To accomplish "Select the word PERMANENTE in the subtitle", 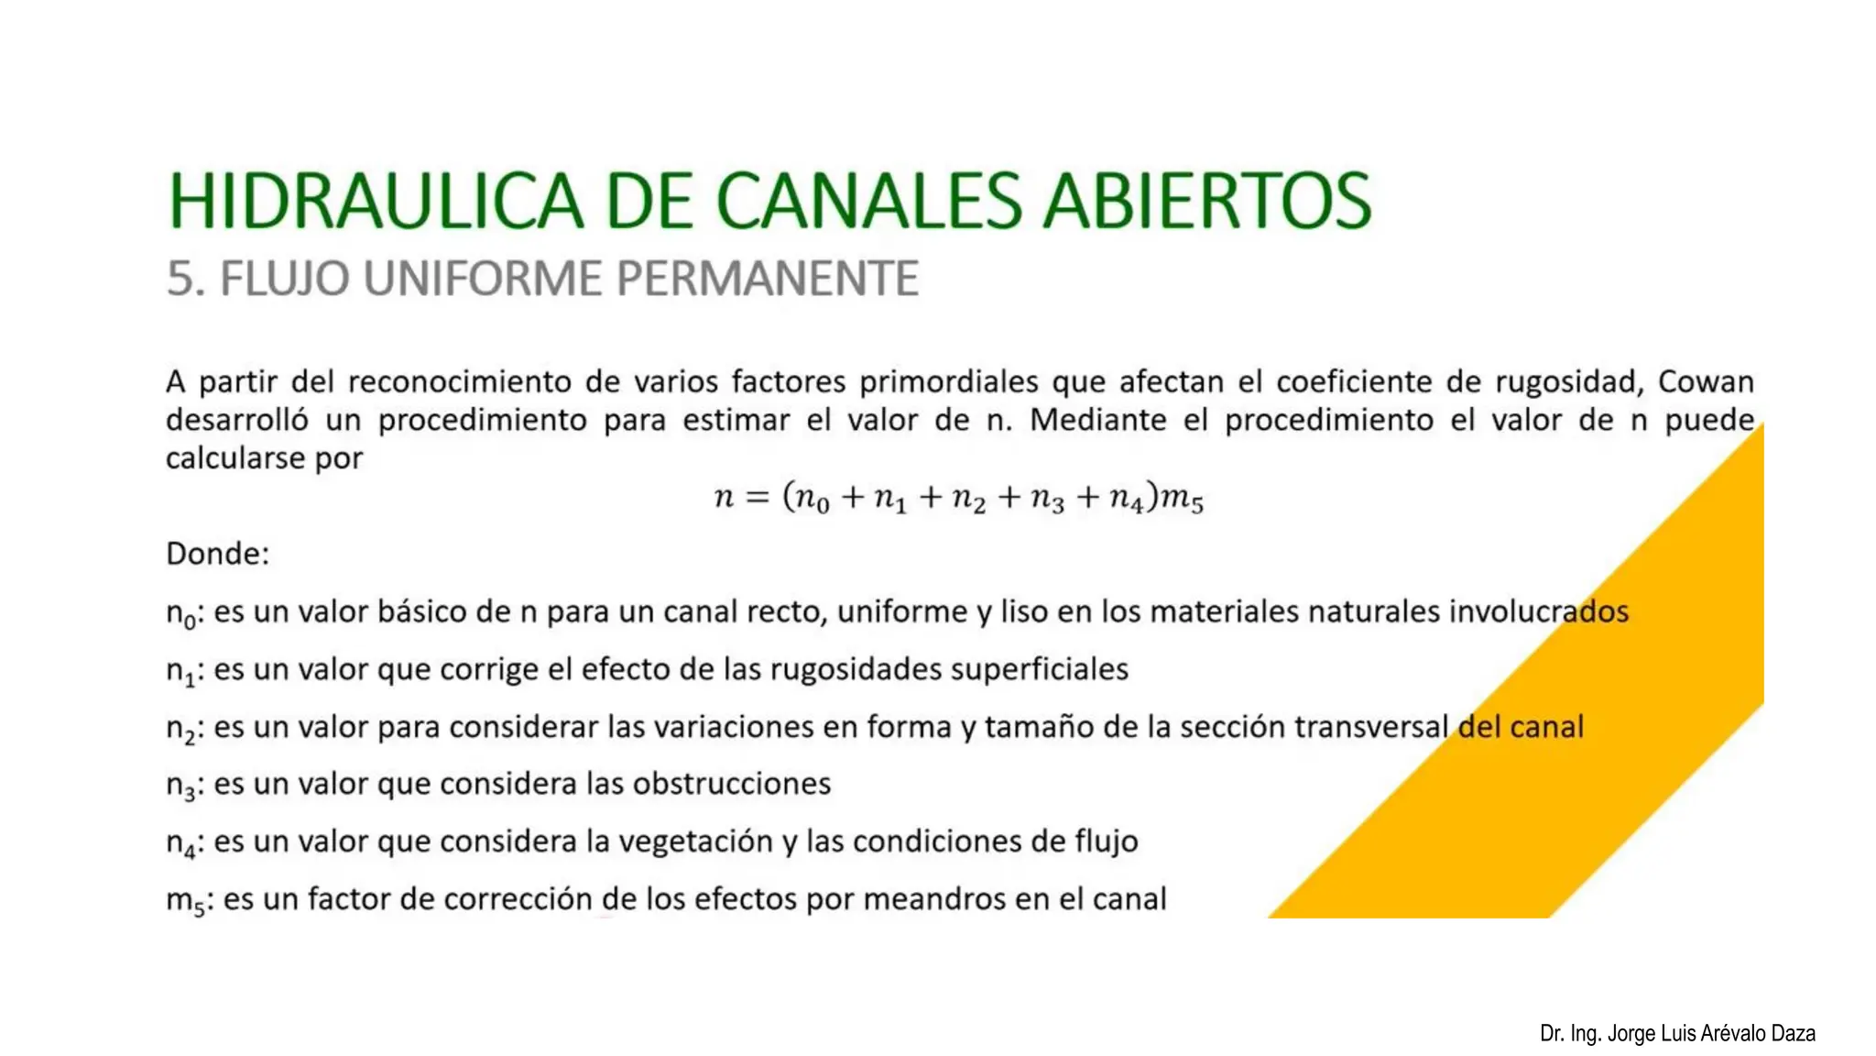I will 768,279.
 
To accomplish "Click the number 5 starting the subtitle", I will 180,279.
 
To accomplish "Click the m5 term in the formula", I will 1183,499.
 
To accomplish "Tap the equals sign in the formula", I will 757,498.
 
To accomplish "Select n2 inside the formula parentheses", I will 969,499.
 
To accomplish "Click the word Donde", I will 217,554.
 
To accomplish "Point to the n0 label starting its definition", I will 181,613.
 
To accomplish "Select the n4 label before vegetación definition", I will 181,843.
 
